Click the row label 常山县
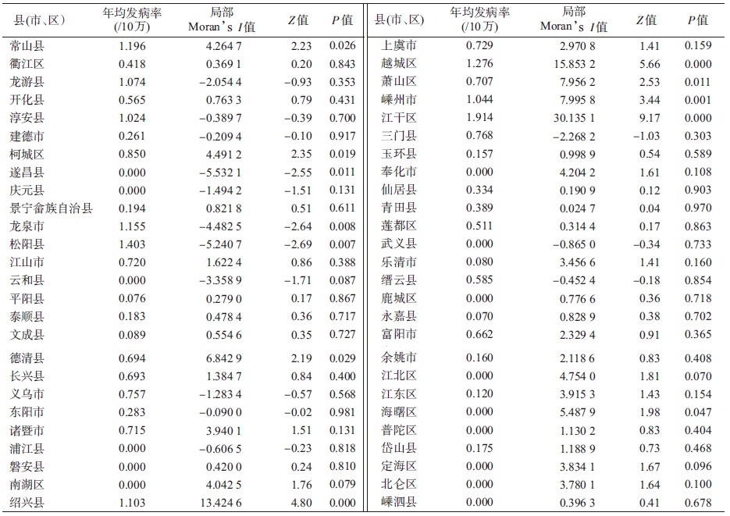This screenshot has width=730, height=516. (27, 46)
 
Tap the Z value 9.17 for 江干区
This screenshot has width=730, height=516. (648, 118)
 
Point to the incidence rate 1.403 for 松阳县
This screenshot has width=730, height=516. (132, 244)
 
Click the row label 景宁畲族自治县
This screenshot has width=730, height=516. (52, 208)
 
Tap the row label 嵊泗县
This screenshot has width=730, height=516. (399, 502)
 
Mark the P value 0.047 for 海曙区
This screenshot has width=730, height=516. (698, 412)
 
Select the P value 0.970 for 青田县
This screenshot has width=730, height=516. (698, 208)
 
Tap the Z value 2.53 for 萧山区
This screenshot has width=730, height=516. (648, 82)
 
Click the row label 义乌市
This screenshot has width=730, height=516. (27, 394)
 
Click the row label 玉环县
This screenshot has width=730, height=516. (399, 154)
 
